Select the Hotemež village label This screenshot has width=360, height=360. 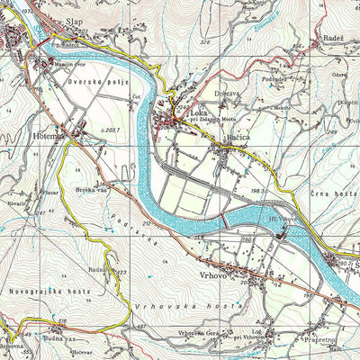(x=46, y=134)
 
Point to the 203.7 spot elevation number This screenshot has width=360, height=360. (x=111, y=130)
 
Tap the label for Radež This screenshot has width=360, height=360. (x=333, y=41)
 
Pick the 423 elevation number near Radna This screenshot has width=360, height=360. (x=121, y=273)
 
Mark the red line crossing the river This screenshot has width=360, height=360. (x=223, y=220)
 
